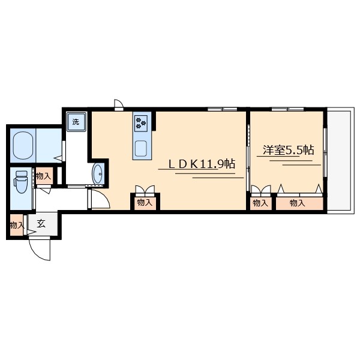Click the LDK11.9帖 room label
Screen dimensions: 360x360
(x=202, y=164)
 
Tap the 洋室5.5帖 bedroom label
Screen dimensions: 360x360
(x=289, y=150)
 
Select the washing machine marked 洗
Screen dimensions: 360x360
(x=76, y=122)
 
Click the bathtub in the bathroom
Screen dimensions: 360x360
(x=23, y=145)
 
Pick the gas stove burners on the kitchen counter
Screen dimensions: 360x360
(x=141, y=123)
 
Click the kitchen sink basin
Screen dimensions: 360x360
(x=141, y=149)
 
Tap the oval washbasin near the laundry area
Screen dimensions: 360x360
(x=98, y=174)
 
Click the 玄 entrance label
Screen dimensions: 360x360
(x=41, y=223)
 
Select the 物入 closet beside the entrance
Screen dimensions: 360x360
(x=17, y=225)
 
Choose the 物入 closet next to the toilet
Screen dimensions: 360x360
(x=44, y=176)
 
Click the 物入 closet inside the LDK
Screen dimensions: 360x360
(x=145, y=203)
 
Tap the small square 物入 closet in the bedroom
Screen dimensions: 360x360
(x=261, y=203)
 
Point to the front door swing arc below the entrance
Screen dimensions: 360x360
(x=36, y=253)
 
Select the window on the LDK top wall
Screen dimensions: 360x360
(x=223, y=109)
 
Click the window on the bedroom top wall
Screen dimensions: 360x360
(x=288, y=109)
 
